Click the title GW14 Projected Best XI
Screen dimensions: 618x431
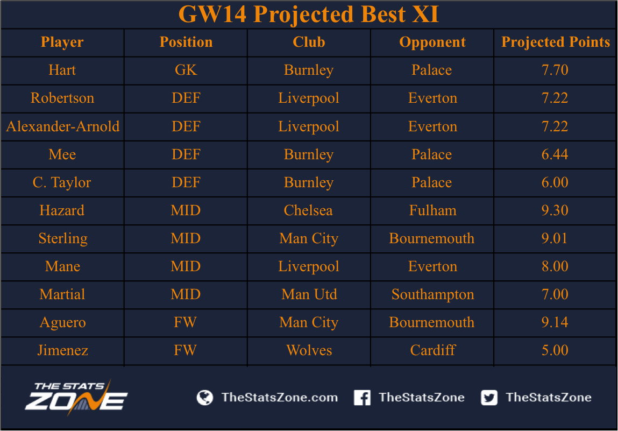click(x=309, y=14)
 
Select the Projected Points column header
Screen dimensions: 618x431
click(x=555, y=42)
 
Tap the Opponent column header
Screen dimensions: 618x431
click(x=432, y=42)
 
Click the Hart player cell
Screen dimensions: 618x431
click(x=62, y=70)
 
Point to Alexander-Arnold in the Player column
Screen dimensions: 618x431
click(x=63, y=126)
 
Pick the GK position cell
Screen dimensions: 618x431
click(x=186, y=70)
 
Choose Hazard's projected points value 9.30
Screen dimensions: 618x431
click(x=555, y=210)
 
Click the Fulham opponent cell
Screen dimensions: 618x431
click(x=432, y=210)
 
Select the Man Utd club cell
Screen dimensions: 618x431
click(x=309, y=294)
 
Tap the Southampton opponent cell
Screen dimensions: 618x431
click(x=432, y=295)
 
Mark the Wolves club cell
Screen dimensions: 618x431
click(x=309, y=350)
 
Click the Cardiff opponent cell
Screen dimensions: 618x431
click(x=432, y=350)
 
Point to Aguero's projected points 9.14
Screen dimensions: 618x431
click(x=555, y=322)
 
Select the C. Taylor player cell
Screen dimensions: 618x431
click(x=62, y=182)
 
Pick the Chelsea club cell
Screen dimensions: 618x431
click(x=308, y=210)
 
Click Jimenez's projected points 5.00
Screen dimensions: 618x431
click(x=555, y=350)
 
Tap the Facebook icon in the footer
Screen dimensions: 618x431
click(x=362, y=398)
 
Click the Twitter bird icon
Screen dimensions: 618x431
click(x=489, y=398)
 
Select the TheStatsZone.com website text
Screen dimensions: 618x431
click(x=280, y=398)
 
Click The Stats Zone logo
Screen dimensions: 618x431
click(x=76, y=398)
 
